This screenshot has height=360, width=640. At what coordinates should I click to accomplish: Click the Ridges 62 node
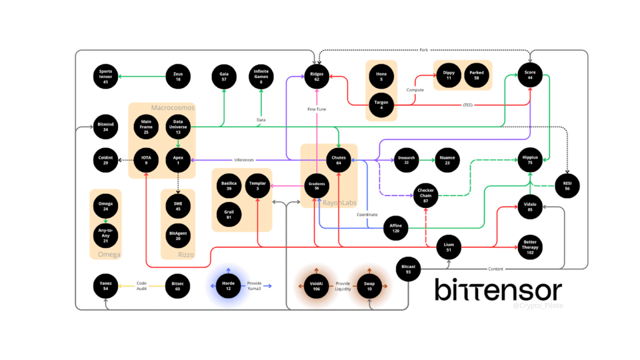click(317, 76)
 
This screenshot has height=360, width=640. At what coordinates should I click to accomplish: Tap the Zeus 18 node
click(177, 76)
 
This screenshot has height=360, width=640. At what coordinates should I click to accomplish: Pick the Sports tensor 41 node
click(106, 76)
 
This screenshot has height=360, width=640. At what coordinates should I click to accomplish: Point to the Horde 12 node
click(228, 286)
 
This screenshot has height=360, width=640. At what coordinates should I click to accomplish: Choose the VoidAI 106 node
click(316, 286)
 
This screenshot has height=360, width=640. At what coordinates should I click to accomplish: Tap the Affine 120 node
click(395, 227)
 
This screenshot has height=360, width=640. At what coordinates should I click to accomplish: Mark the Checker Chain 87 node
click(426, 196)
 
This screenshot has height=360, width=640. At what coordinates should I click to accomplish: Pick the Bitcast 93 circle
click(409, 269)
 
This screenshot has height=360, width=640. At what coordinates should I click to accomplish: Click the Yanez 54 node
click(106, 286)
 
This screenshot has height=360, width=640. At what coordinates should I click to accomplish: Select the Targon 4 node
click(381, 104)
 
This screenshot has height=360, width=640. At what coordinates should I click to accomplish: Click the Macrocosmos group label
click(173, 107)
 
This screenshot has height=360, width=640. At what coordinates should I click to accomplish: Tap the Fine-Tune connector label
click(316, 109)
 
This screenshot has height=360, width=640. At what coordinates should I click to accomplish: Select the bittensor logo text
click(498, 290)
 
